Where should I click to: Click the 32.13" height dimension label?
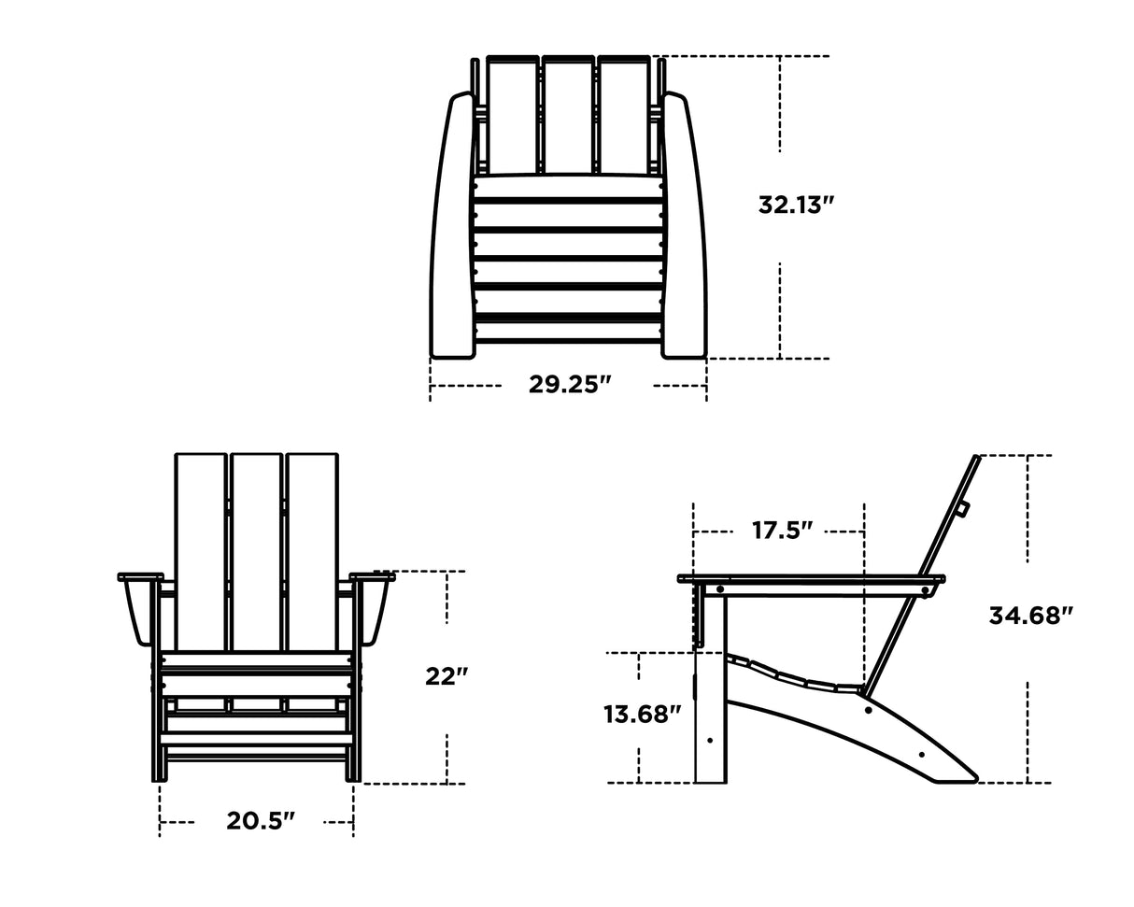tap(795, 205)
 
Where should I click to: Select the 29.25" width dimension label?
tap(569, 384)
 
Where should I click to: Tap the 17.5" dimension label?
tap(782, 531)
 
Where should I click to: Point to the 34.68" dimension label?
tap(1030, 615)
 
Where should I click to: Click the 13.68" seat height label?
tap(643, 715)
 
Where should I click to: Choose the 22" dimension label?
tap(447, 675)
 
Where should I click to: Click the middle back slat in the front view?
tap(257, 551)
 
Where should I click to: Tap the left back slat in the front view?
tap(201, 551)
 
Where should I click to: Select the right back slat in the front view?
tap(312, 551)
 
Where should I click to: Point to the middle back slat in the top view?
tap(568, 117)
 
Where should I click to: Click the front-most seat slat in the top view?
tap(568, 332)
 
